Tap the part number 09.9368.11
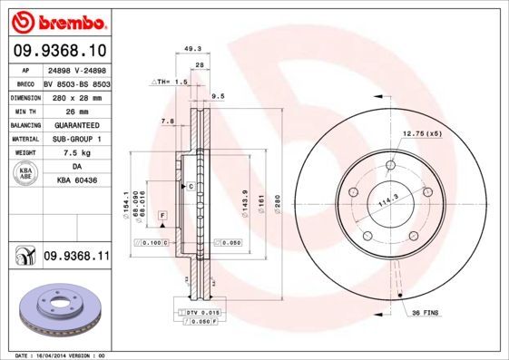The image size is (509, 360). pyautogui.click(x=76, y=258)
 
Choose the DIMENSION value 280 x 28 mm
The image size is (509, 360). pyautogui.click(x=75, y=96)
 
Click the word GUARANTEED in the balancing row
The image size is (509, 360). pyautogui.click(x=76, y=125)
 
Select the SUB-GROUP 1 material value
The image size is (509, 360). pyautogui.click(x=76, y=139)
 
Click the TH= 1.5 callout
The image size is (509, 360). pyautogui.click(x=169, y=82)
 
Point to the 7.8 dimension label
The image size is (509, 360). pyautogui.click(x=167, y=121)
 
